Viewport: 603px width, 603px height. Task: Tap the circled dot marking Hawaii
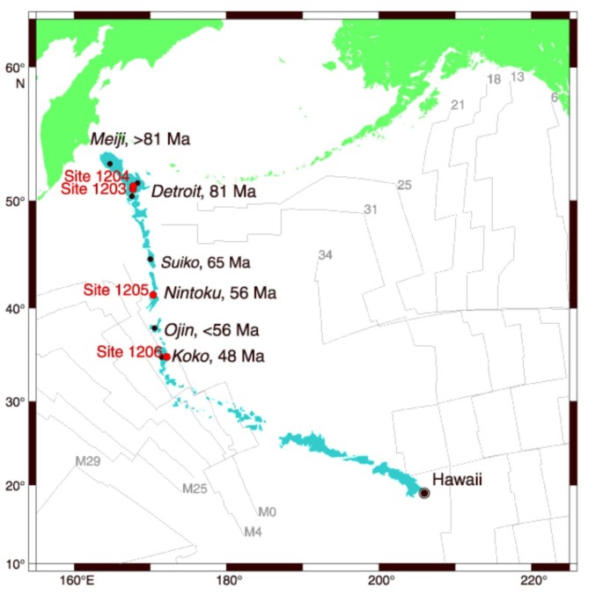click(x=424, y=494)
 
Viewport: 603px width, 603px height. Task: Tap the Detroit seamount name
click(x=174, y=191)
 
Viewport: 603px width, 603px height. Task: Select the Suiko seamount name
click(x=180, y=261)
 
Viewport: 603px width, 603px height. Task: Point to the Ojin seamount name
click(x=179, y=331)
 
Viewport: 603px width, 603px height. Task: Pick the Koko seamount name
click(x=187, y=357)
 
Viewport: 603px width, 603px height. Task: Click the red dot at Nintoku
click(x=153, y=295)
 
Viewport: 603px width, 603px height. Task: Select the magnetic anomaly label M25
click(x=195, y=488)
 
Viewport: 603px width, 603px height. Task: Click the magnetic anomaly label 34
click(x=325, y=255)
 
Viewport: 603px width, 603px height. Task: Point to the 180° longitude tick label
click(x=228, y=581)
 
